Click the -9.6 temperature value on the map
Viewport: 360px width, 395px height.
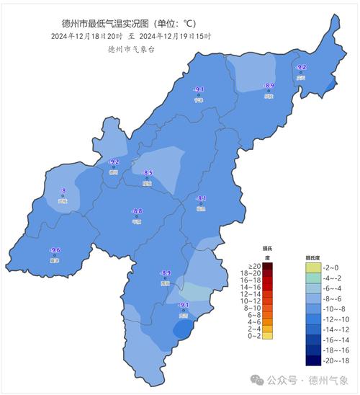pos(55,250)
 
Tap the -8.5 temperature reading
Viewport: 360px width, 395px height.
pos(148,173)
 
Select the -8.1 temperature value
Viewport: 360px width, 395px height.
pos(202,198)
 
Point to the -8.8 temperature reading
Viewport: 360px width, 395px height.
pos(138,211)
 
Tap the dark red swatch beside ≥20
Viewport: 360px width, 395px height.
pos(267,267)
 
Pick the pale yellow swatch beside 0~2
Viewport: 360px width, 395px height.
pos(267,335)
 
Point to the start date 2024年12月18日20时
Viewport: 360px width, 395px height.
pos(86,35)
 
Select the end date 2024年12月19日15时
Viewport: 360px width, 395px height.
pos(175,35)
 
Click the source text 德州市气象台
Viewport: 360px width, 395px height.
pos(131,49)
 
